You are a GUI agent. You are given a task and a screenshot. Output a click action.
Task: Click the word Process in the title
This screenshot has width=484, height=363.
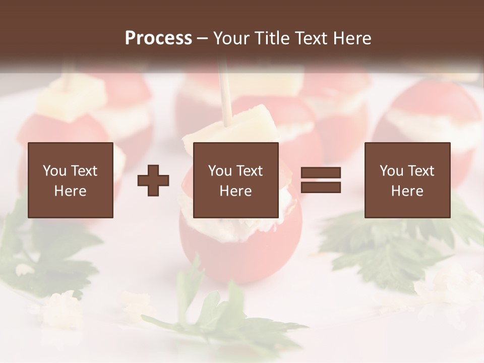click(x=158, y=38)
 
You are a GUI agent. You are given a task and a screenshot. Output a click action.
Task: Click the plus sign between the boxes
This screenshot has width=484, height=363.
click(x=153, y=180)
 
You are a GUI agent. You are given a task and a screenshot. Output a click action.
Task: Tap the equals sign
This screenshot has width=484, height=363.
click(x=321, y=180)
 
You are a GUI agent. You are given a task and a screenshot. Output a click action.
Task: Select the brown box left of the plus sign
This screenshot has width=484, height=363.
click(x=71, y=180)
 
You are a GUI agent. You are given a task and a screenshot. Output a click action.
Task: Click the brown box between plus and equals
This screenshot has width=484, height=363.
click(x=235, y=180)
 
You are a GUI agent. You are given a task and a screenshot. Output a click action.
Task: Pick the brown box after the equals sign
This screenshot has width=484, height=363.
click(x=407, y=180)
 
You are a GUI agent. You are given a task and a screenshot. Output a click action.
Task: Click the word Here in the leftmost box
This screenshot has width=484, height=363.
click(x=71, y=191)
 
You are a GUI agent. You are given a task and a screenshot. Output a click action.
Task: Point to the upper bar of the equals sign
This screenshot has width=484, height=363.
click(x=321, y=173)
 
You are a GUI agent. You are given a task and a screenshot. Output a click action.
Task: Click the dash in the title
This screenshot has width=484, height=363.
click(x=203, y=38)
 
